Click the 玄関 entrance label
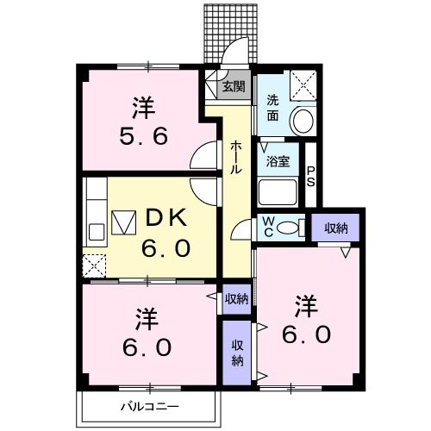tap(234, 86)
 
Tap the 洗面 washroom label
tap(272, 106)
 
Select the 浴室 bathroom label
tap(277, 161)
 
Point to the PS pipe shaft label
tap(311, 176)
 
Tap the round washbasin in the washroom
tap(302, 122)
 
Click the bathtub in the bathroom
tap(278, 189)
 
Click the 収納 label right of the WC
tap(336, 228)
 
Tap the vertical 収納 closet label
tap(235, 350)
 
